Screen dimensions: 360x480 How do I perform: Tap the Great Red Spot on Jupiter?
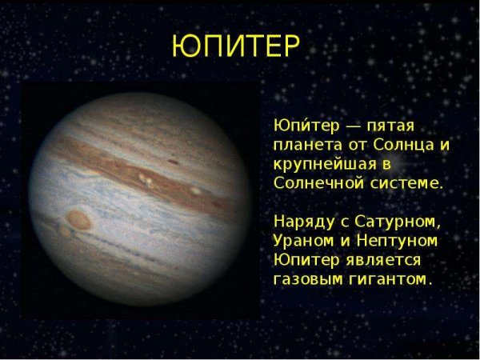[78, 218]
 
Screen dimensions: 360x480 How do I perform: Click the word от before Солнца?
[354, 146]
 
